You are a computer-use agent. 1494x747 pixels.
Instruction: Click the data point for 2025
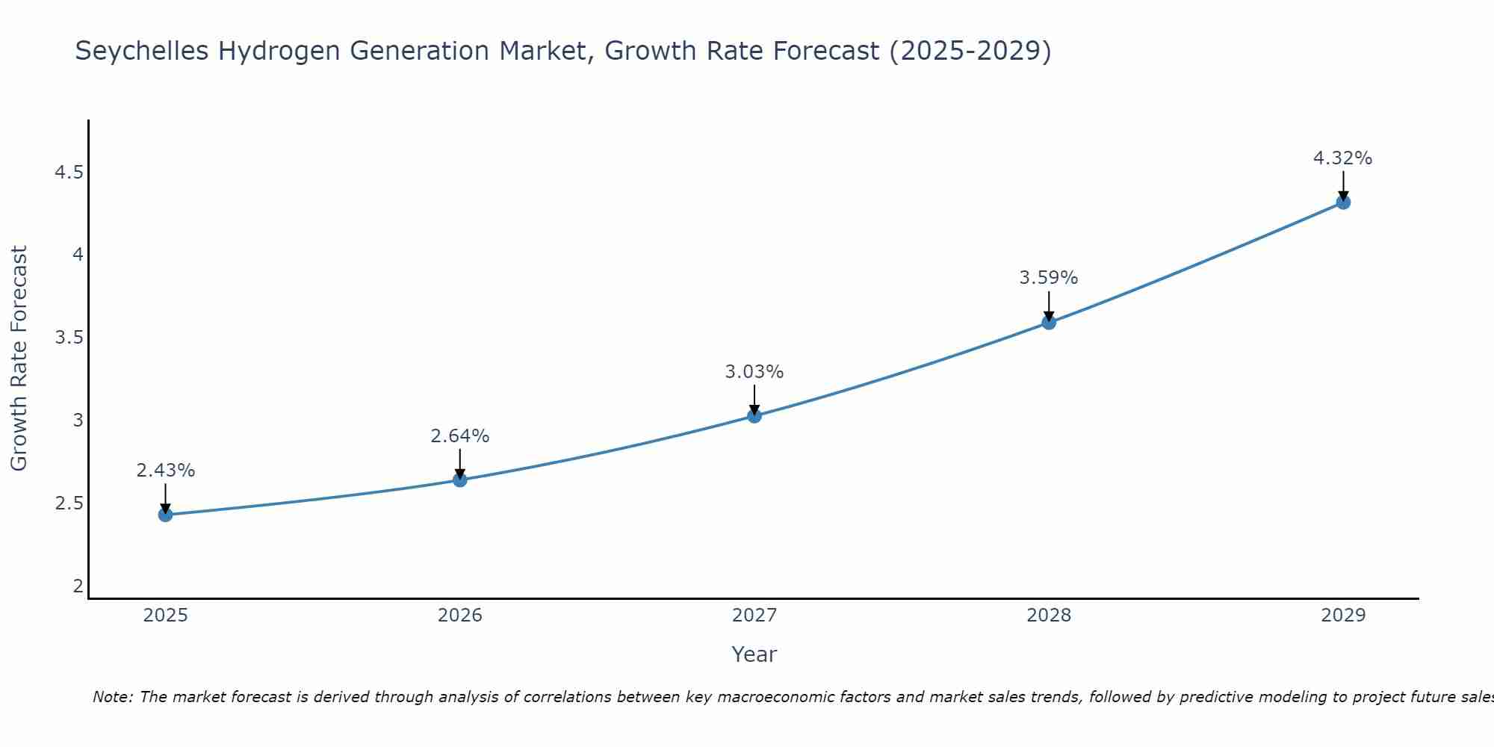click(x=166, y=515)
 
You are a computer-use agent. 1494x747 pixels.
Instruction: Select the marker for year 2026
click(x=460, y=480)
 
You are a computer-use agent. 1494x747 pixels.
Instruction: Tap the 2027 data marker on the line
click(x=754, y=416)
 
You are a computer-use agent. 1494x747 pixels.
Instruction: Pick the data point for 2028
click(x=1049, y=323)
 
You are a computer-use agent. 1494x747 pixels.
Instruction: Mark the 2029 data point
click(x=1343, y=202)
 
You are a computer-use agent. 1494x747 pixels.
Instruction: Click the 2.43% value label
click(x=166, y=471)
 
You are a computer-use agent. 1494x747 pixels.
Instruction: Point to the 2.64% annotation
click(x=460, y=436)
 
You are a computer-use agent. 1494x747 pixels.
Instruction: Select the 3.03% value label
click(x=754, y=372)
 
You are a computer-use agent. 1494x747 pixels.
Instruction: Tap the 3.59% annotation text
click(x=1049, y=278)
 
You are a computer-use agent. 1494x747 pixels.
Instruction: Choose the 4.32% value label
click(x=1343, y=158)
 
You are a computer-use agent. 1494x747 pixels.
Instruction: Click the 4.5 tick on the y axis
click(x=69, y=173)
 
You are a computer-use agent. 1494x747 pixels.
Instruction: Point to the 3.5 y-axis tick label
click(x=69, y=338)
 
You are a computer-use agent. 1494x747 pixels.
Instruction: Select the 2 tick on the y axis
click(x=78, y=586)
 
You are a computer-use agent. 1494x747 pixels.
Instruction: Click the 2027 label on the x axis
click(x=754, y=616)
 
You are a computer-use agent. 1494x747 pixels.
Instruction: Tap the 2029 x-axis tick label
click(x=1343, y=616)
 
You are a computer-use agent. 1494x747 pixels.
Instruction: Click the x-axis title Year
click(x=754, y=654)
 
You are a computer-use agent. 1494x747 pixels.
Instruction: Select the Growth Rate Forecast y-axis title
click(x=19, y=359)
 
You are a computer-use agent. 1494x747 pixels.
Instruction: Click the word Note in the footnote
click(x=112, y=697)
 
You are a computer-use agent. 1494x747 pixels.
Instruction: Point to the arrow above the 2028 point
click(x=1049, y=305)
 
